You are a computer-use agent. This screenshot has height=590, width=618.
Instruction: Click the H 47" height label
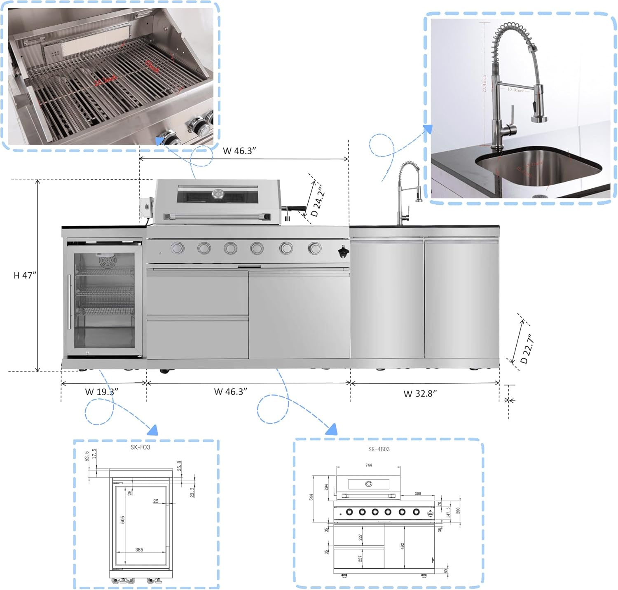(x=25, y=275)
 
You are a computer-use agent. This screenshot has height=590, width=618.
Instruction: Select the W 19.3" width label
(x=102, y=391)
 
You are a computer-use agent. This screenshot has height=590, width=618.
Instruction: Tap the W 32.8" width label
(x=420, y=393)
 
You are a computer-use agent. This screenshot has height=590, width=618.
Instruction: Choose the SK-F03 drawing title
(x=140, y=447)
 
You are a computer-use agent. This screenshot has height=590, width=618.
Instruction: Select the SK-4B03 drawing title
(x=379, y=449)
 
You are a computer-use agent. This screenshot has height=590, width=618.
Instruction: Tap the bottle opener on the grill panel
(x=343, y=251)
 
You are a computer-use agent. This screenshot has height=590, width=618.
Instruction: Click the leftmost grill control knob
(x=178, y=248)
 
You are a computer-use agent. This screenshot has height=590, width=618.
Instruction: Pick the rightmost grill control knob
(x=315, y=248)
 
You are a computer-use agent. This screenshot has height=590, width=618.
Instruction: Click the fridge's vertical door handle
(x=69, y=302)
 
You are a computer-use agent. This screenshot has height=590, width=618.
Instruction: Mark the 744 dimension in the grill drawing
(x=368, y=465)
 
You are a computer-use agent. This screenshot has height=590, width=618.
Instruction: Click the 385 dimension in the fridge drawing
(x=139, y=550)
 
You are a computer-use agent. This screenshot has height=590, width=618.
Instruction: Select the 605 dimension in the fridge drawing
(x=123, y=520)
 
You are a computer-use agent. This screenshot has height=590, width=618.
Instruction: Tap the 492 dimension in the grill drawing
(x=403, y=546)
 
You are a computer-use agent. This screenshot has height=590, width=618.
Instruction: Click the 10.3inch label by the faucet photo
(x=515, y=89)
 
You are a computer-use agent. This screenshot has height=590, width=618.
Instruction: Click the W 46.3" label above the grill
(x=239, y=151)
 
